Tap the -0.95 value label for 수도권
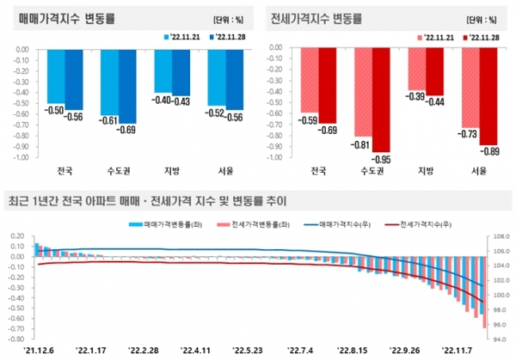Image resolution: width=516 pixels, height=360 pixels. (380, 160)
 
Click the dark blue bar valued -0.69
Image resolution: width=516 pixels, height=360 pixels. (127, 86)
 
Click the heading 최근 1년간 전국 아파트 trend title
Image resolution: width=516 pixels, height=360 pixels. (146, 202)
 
